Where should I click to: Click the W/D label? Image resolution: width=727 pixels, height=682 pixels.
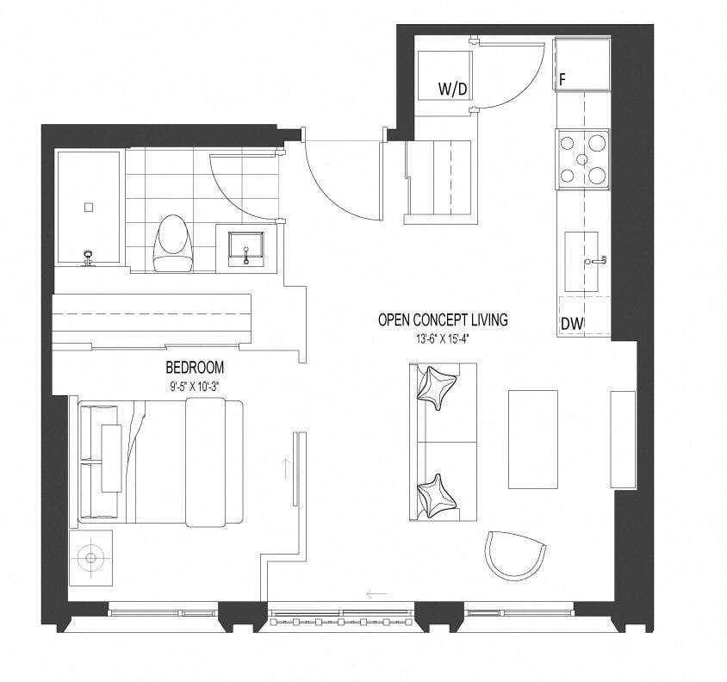coord(452,88)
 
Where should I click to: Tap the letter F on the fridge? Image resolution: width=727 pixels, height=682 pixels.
coord(562,80)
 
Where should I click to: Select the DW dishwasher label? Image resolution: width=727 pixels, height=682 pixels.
coord(572,324)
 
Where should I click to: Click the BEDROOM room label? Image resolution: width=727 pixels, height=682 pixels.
coord(195,367)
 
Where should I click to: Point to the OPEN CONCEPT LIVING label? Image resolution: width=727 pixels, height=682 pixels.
coord(443,319)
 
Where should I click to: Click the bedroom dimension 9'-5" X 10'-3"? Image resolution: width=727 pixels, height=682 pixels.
coord(195,386)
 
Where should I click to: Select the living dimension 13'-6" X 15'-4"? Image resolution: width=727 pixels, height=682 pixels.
coord(444,339)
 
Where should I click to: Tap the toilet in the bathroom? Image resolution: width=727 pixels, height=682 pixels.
coord(173,243)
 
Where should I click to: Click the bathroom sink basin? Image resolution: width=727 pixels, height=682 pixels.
coord(246,249)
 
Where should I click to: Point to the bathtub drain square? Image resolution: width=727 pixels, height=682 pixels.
coord(89,208)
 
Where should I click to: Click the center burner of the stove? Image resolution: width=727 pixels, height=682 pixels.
coord(582,159)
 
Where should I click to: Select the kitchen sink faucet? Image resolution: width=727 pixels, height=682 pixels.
coord(597,260)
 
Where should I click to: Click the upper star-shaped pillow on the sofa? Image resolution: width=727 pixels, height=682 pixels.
coord(436,387)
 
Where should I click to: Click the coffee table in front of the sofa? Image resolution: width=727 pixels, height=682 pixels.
coord(532,439)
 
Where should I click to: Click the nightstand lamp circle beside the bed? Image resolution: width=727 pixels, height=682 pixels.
coord(90,558)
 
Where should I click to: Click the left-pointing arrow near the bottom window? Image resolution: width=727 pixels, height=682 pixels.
coord(376,593)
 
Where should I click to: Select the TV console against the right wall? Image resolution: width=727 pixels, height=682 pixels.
coord(623,439)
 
